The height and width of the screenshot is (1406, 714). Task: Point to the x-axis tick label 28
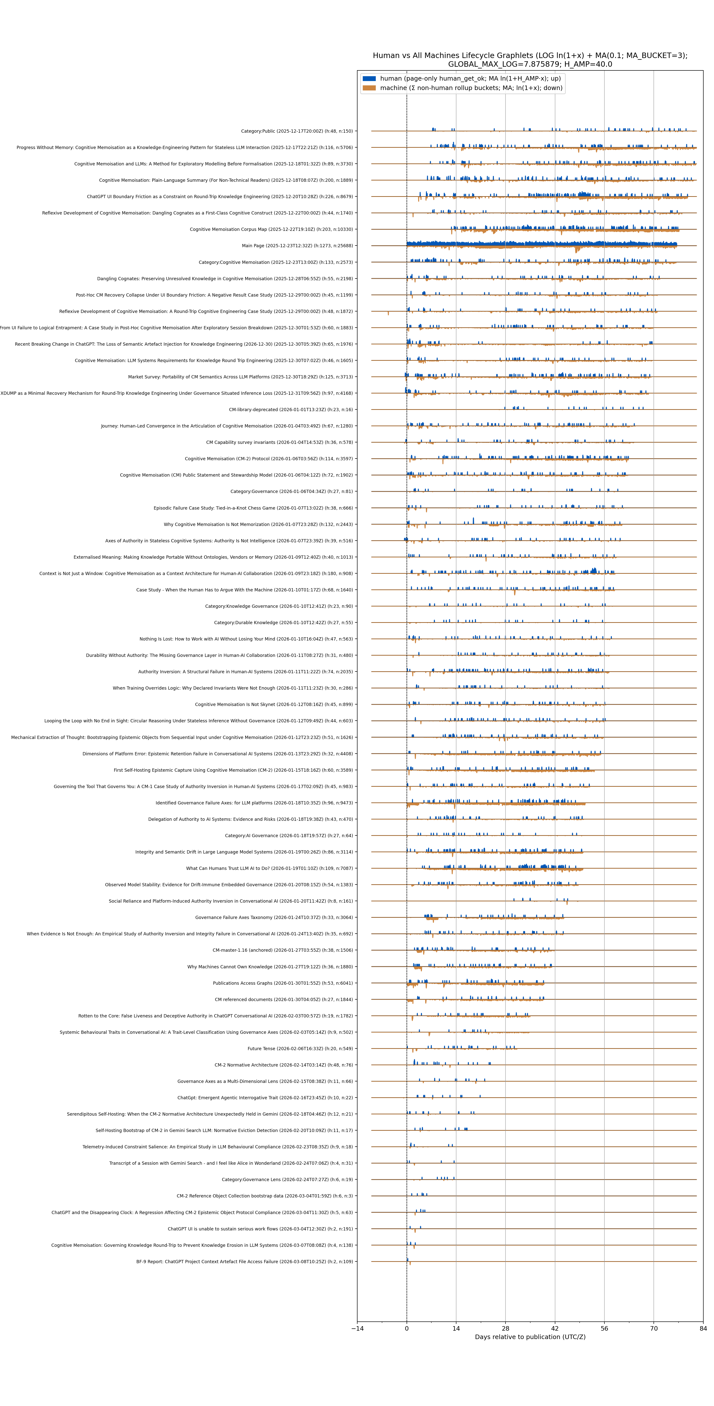click(x=506, y=1328)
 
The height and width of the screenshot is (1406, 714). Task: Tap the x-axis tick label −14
click(x=357, y=1328)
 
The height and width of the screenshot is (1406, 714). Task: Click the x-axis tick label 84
click(x=703, y=1328)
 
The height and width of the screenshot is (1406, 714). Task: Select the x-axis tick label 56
click(x=604, y=1328)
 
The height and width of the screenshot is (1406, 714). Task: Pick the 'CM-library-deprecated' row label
click(x=290, y=409)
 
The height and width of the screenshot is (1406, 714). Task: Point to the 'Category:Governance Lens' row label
click(x=287, y=1180)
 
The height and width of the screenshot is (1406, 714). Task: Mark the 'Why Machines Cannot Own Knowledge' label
click(x=270, y=967)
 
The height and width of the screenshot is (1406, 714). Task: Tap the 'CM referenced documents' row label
click(x=283, y=999)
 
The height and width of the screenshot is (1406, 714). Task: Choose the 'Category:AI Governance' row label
click(x=288, y=836)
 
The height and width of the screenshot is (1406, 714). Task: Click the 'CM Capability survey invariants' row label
click(x=279, y=442)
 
